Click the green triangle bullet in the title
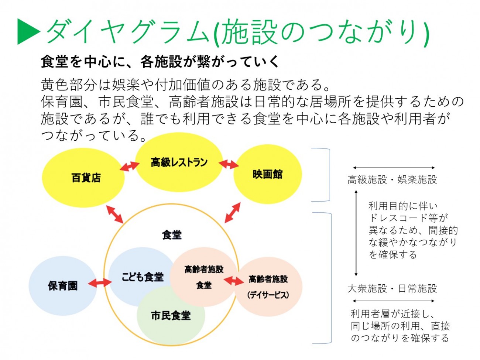coord(28,32)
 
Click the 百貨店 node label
coord(86,178)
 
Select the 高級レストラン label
coord(179,162)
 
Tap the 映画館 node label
coord(268,174)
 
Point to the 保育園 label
coord(63,285)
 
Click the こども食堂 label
coord(143,277)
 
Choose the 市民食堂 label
coord(171,315)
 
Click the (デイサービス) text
coord(268,295)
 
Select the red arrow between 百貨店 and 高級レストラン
coord(130,166)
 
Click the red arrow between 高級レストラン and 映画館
coord(229,164)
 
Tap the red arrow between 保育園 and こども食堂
coord(99,283)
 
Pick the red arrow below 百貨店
coord(114,214)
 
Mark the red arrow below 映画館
coord(233,213)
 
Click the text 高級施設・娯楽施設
coord(392,180)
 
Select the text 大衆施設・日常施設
coord(392,288)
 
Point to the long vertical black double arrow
coord(356,233)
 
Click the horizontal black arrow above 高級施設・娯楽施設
coord(394,168)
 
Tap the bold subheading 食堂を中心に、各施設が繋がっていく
coord(160,62)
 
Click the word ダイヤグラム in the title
coord(128,32)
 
